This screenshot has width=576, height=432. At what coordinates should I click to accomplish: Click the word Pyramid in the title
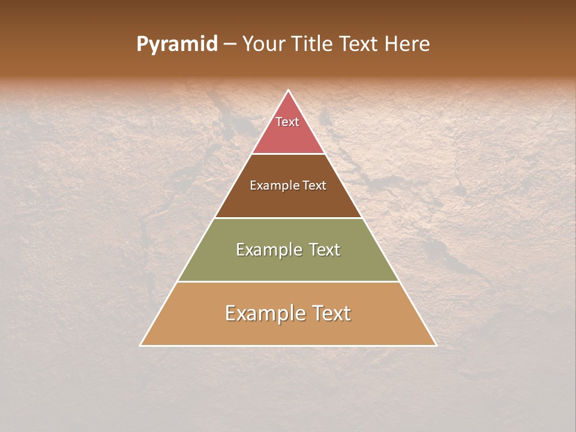[176, 44]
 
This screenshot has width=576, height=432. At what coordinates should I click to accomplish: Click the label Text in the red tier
[287, 122]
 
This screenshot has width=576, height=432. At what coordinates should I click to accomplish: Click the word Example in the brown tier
[272, 186]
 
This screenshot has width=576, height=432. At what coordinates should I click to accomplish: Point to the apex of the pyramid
[289, 91]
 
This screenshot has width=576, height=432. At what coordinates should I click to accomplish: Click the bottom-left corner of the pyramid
[140, 345]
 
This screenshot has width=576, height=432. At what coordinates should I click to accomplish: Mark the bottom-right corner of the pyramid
[436, 345]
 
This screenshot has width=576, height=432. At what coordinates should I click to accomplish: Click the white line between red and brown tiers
[288, 154]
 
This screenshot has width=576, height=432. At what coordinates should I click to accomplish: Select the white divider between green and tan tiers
[288, 281]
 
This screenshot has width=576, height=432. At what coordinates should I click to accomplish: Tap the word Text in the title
[359, 44]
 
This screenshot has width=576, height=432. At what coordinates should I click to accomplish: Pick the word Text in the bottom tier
[331, 313]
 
